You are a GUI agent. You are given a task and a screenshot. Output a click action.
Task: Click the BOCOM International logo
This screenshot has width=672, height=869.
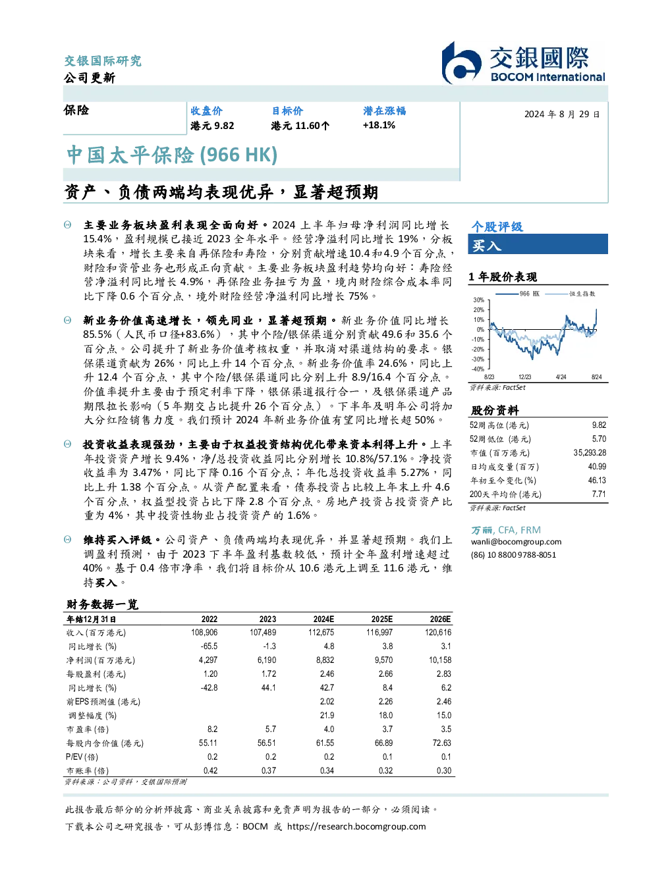coord(522,63)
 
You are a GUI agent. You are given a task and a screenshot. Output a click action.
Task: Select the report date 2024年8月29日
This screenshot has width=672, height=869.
coord(562,115)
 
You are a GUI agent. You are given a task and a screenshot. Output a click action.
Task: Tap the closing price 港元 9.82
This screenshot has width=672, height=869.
coord(212,126)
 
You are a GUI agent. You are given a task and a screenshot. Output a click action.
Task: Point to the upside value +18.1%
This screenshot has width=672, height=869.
coord(379,125)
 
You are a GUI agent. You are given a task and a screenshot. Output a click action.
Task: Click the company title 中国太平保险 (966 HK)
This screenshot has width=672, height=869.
coord(172,155)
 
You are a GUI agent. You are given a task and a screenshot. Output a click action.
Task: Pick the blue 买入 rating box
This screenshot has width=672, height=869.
coord(538,244)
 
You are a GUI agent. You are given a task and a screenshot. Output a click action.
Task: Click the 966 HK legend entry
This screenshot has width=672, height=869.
coord(517,294)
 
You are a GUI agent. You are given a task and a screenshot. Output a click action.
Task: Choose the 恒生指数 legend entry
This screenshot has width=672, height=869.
coord(570,294)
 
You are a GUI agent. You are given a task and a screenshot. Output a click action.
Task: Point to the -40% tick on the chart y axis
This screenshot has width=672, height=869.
coord(478,369)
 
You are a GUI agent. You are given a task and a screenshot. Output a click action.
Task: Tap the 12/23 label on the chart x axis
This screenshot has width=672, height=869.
coord(524,377)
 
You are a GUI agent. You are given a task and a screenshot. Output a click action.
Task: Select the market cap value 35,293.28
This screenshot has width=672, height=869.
coord(590,453)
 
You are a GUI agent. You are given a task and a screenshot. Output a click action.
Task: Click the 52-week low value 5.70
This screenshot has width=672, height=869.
coord(599,438)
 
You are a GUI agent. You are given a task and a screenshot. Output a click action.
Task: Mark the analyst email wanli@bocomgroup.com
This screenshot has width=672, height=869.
coord(516,542)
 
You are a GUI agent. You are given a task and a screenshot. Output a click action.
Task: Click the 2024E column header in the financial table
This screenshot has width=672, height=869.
coord(323,619)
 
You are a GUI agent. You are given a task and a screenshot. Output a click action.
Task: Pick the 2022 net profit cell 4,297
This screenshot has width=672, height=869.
coord(208,660)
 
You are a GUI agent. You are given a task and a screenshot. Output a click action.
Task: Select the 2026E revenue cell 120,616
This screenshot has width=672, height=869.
coord(438,632)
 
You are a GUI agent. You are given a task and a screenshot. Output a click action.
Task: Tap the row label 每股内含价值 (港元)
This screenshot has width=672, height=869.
coord(105,743)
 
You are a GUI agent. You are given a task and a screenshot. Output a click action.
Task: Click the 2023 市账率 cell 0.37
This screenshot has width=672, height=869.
coord(269,771)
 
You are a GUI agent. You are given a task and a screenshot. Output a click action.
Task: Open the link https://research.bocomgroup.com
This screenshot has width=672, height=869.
coord(356,827)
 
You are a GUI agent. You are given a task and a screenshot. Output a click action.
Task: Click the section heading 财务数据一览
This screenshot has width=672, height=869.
coord(102,604)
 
